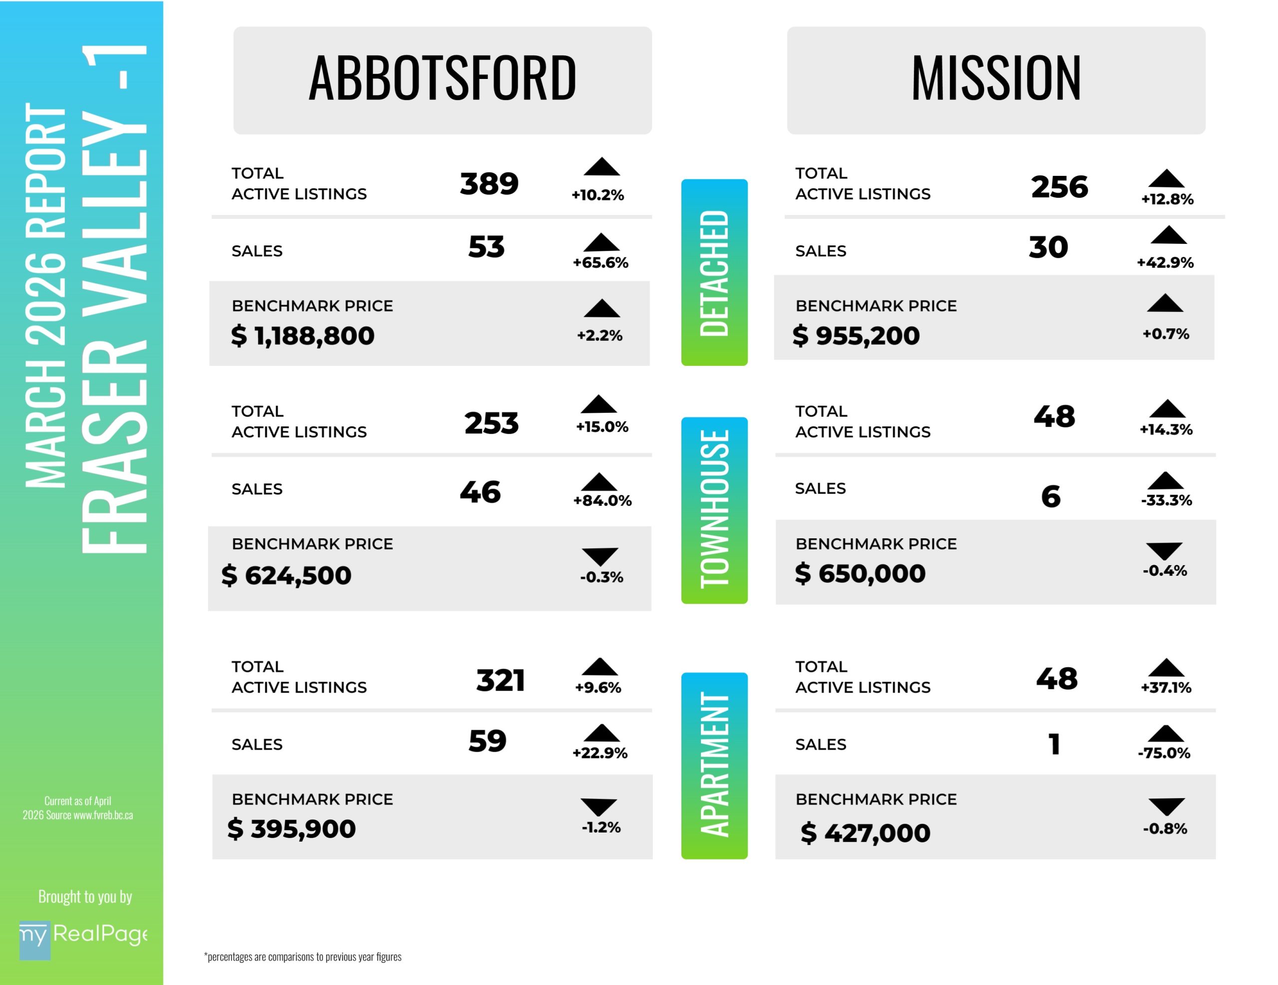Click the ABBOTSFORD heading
pyautogui.click(x=442, y=78)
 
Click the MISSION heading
pyautogui.click(x=995, y=78)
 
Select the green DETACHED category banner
pyautogui.click(x=714, y=272)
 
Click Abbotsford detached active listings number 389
pyautogui.click(x=489, y=184)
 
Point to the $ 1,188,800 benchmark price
pyautogui.click(x=303, y=335)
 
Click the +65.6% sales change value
pyautogui.click(x=601, y=262)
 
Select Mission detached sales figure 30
pyautogui.click(x=1048, y=247)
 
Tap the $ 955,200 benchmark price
pyautogui.click(x=856, y=335)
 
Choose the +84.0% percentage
pyautogui.click(x=602, y=501)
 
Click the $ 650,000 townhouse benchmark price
pyautogui.click(x=860, y=573)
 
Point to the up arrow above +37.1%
pyautogui.click(x=1166, y=668)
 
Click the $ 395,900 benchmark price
pyautogui.click(x=292, y=829)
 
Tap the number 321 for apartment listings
pyautogui.click(x=500, y=681)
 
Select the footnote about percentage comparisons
pyautogui.click(x=303, y=957)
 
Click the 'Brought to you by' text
pyautogui.click(x=85, y=897)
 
